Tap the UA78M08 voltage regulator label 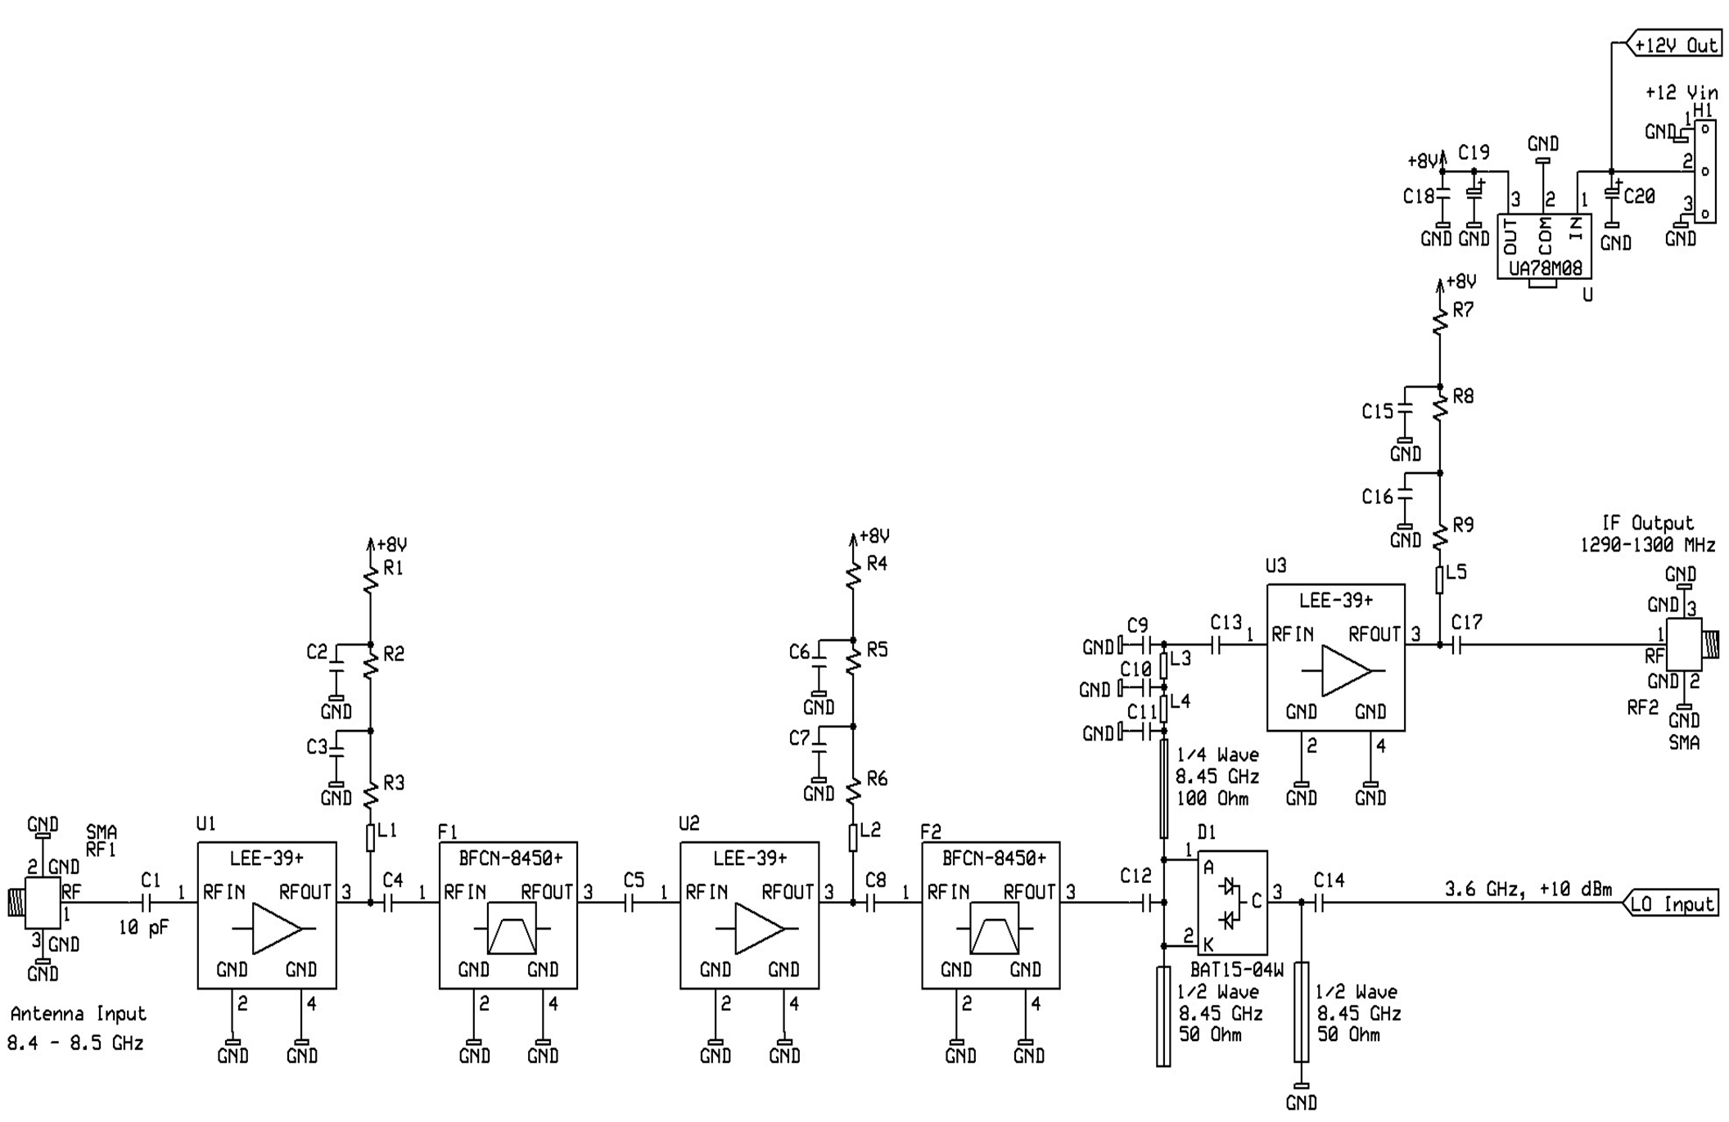tap(1544, 268)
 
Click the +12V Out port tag tap(1674, 45)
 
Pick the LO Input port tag tap(1670, 903)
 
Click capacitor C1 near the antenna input tap(147, 903)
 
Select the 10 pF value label tap(143, 928)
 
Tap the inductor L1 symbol tap(370, 837)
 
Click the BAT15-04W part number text tap(1236, 970)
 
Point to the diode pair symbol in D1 tap(1227, 903)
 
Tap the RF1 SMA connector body tap(42, 903)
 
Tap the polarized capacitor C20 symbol tap(1611, 193)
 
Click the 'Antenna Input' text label tap(78, 1014)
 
